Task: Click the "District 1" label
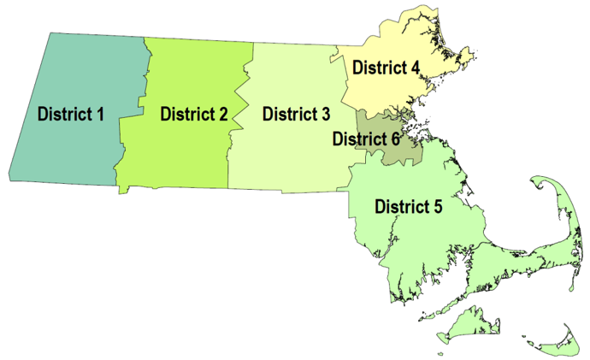pyautogui.click(x=71, y=114)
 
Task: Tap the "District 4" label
pyautogui.click(x=386, y=67)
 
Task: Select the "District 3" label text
pyautogui.click(x=296, y=113)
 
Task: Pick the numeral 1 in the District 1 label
pyautogui.click(x=100, y=114)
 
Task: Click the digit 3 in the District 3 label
pyautogui.click(x=324, y=113)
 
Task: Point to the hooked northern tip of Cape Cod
pyautogui.click(x=541, y=181)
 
